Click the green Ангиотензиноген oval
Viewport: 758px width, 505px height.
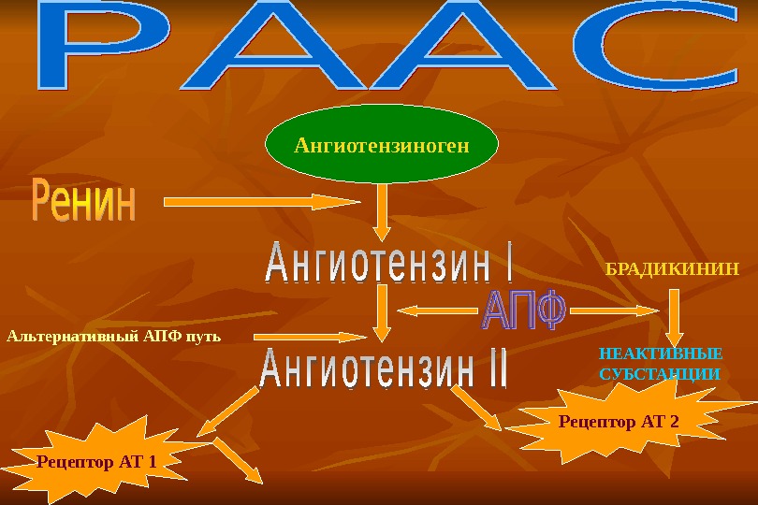click(x=382, y=145)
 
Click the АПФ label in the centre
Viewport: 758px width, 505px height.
click(x=524, y=310)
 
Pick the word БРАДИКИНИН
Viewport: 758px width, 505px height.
click(x=673, y=267)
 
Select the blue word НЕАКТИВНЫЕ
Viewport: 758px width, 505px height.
click(x=661, y=354)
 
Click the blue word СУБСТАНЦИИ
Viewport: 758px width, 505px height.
click(x=659, y=374)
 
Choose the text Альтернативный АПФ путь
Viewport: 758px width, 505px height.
click(x=114, y=335)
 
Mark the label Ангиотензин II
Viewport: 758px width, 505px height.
click(x=383, y=370)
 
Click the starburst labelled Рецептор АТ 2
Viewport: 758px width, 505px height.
click(x=619, y=422)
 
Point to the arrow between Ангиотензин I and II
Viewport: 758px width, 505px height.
click(x=382, y=313)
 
